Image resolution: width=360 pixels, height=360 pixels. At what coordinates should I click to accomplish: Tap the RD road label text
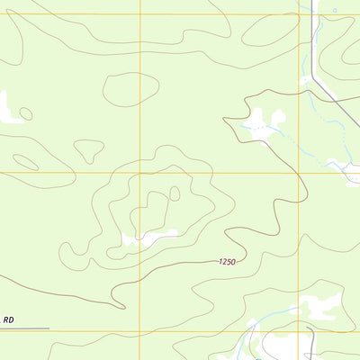[9, 319]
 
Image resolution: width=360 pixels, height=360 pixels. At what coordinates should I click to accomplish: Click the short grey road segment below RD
[24, 329]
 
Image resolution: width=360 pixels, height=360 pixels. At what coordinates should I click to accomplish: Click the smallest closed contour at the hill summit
[175, 193]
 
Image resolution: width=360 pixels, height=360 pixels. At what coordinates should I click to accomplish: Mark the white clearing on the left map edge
[7, 108]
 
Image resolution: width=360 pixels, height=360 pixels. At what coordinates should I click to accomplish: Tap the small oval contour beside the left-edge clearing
[26, 113]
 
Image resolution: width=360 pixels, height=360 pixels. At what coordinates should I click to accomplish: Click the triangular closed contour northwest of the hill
[88, 150]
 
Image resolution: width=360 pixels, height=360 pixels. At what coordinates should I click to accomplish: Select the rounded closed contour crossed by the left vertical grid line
[130, 89]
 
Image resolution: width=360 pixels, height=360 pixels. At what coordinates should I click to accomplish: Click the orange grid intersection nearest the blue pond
[300, 13]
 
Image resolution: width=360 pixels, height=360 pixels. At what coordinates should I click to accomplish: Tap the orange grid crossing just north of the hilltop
[140, 173]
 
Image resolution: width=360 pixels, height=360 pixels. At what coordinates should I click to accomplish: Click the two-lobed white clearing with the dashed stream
[261, 121]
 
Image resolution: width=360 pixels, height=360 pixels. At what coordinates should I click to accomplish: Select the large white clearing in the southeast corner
[319, 309]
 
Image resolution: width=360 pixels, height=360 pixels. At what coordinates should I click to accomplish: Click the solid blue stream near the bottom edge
[270, 317]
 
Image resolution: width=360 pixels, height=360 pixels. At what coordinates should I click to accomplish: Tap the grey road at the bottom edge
[311, 346]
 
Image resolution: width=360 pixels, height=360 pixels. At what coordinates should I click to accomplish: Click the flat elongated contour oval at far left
[25, 162]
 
